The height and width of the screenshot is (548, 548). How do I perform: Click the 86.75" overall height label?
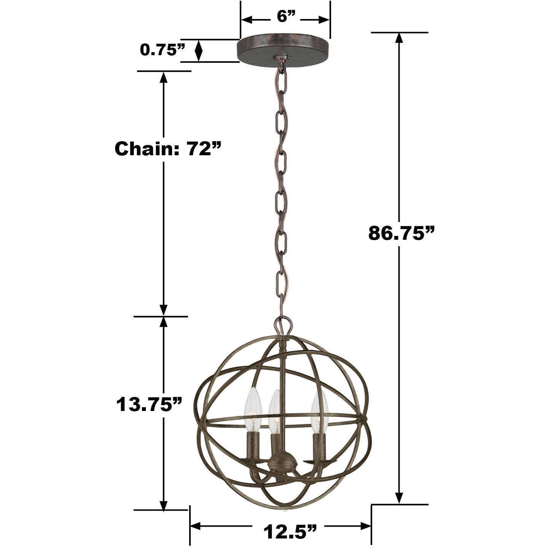401,233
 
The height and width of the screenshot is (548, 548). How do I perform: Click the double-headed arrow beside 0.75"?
198,50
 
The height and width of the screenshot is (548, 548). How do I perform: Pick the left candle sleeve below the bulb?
253,447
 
